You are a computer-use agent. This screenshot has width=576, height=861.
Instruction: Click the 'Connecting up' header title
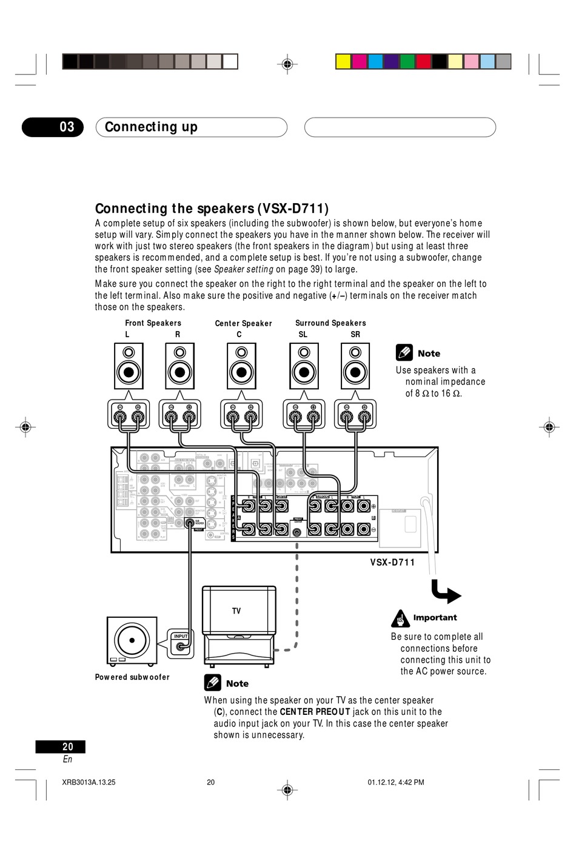(151, 127)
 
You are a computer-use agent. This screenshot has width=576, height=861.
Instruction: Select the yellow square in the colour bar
(343, 61)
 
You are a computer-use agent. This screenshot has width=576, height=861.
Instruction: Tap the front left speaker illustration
(129, 366)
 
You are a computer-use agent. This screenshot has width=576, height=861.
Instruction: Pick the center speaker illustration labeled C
(241, 366)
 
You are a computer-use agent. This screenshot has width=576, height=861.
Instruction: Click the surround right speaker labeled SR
(355, 366)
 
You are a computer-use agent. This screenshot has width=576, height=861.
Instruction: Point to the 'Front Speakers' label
(153, 323)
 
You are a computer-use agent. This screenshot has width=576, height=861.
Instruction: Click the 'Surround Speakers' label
(330, 323)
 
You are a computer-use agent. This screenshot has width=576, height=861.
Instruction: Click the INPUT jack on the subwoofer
(181, 646)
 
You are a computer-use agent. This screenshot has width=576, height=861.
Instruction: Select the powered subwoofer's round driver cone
(132, 640)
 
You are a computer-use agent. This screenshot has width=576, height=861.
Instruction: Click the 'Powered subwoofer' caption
(132, 677)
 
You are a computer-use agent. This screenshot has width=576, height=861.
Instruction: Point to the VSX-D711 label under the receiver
(392, 563)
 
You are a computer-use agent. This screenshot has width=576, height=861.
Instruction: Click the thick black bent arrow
(446, 592)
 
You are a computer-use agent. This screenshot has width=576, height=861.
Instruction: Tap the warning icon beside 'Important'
(400, 618)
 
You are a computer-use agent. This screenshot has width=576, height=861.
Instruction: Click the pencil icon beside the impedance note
(404, 353)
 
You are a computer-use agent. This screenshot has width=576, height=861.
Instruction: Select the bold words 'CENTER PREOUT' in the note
(315, 712)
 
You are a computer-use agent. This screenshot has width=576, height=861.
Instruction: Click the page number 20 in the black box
(67, 747)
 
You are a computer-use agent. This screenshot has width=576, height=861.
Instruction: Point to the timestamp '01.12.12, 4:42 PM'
(395, 782)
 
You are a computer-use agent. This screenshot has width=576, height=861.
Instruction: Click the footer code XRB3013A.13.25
(89, 782)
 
